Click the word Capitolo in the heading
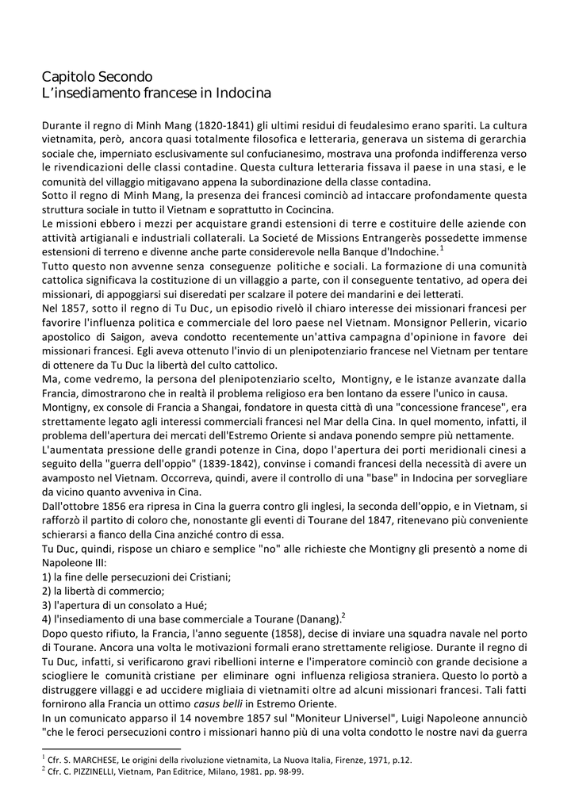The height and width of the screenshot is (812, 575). click(x=68, y=78)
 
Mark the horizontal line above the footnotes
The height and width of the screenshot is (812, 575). click(x=111, y=747)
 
